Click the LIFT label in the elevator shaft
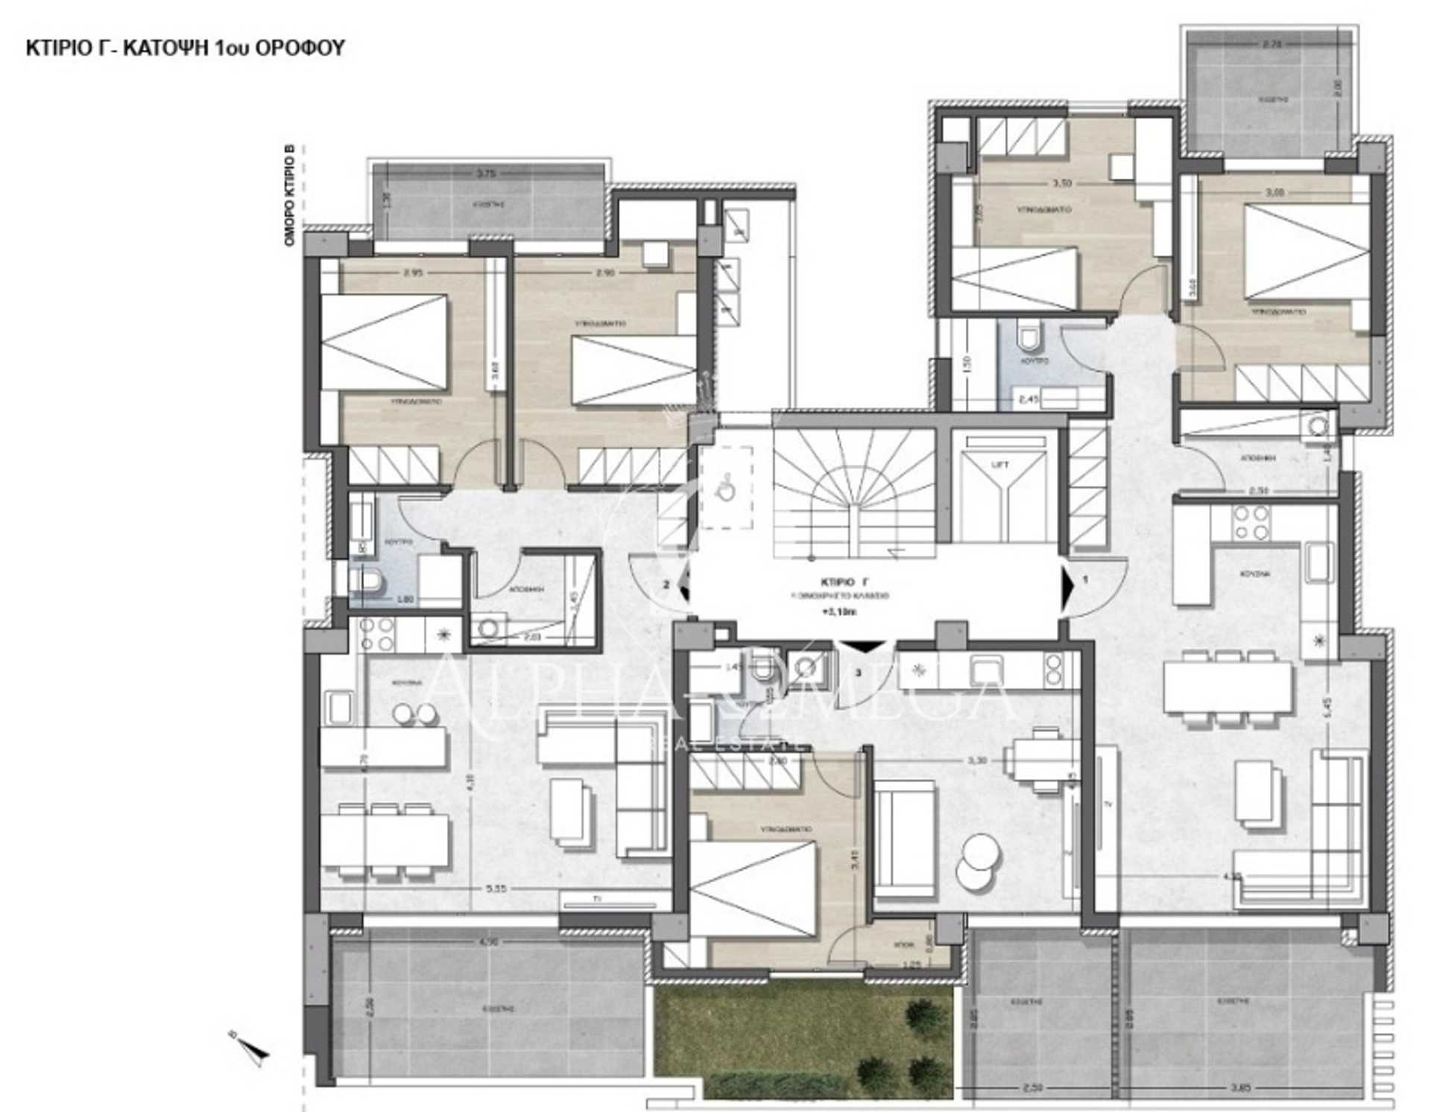(1000, 465)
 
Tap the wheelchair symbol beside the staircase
(724, 489)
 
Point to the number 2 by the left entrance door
(667, 584)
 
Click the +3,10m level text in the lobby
(839, 613)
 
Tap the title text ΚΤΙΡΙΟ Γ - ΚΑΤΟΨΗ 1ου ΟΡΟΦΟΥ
(185, 48)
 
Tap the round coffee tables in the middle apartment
(978, 862)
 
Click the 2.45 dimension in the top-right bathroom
(1029, 399)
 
